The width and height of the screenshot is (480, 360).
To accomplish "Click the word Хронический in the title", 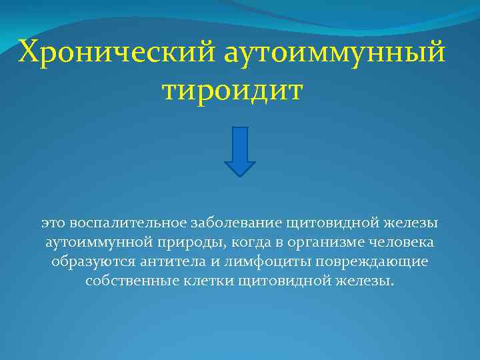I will (116, 52).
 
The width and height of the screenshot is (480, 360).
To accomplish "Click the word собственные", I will (127, 281).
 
